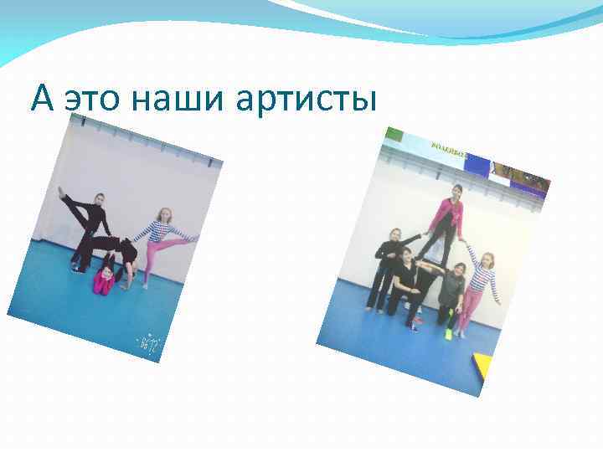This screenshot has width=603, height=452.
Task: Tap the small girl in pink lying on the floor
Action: point(104,278)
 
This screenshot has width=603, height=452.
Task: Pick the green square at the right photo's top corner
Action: point(394,134)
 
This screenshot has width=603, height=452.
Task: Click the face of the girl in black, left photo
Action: point(98,199)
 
